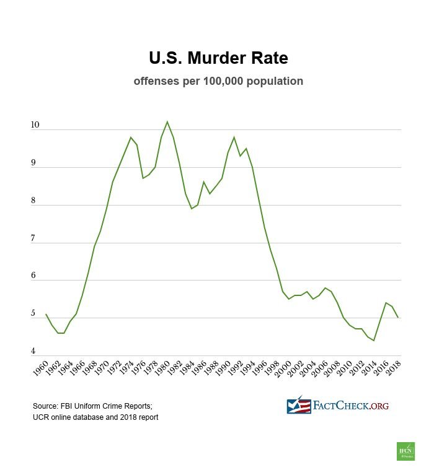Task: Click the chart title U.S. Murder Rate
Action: point(218,58)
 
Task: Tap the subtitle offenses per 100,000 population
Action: point(218,81)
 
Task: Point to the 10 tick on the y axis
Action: point(35,126)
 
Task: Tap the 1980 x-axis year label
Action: point(161,369)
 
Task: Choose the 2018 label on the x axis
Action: point(391,369)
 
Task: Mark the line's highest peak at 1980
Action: point(167,121)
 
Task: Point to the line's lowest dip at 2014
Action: point(374,340)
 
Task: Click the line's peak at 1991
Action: point(234,137)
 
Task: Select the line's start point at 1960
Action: point(46,314)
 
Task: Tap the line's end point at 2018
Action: point(397,318)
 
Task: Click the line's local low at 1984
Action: point(192,209)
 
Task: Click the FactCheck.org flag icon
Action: point(299,406)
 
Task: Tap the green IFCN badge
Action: point(405,451)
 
